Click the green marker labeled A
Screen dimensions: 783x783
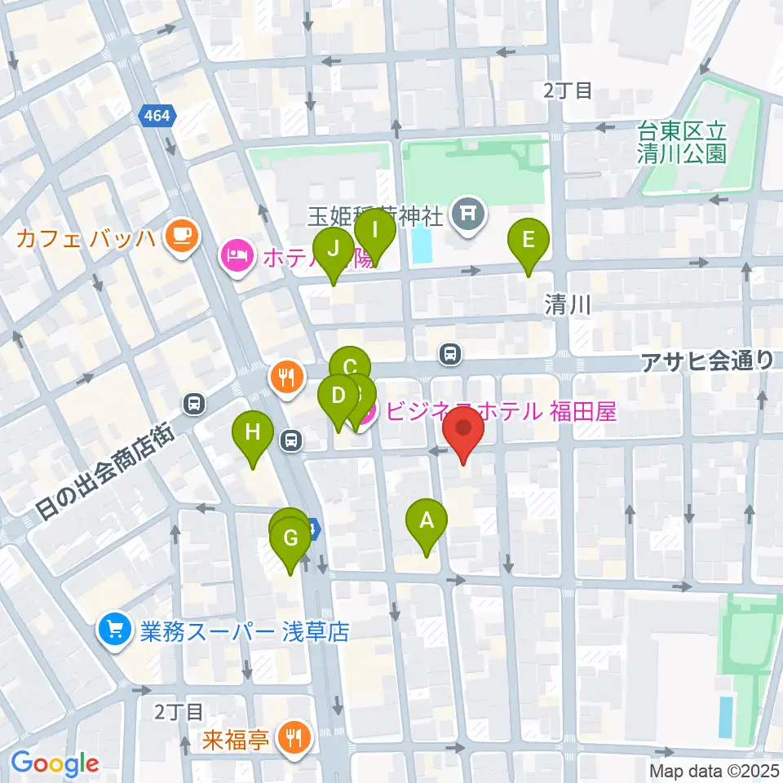426,520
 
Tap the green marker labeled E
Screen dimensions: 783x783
528,241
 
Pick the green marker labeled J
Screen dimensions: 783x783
333,250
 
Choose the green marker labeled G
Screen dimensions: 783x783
290,539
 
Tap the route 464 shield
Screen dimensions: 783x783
157,116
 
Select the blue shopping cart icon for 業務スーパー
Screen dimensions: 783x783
113,630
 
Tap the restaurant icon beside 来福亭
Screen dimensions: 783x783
291,738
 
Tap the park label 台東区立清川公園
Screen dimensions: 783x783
682,142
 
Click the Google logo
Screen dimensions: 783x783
55,763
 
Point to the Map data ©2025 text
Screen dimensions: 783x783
714,770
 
